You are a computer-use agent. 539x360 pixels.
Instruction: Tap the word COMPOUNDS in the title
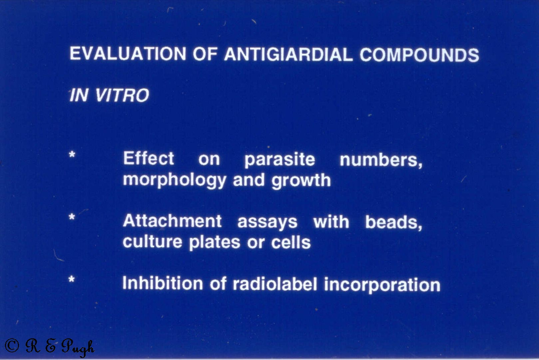[x=419, y=55]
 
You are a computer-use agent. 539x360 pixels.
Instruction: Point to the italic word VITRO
[x=122, y=95]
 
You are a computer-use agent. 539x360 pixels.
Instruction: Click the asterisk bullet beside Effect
[x=72, y=154]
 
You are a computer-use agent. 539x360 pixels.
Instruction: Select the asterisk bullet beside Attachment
[x=72, y=217]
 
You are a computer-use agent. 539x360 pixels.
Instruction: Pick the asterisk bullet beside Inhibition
[x=72, y=279]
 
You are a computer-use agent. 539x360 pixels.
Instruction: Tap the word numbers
[x=381, y=160]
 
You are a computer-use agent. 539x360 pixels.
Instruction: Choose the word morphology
[x=174, y=180]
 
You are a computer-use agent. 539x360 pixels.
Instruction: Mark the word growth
[x=301, y=181]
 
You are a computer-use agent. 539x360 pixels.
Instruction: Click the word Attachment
[x=172, y=221]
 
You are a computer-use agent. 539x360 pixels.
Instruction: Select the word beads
[x=394, y=222]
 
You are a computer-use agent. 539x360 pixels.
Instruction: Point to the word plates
[x=215, y=243]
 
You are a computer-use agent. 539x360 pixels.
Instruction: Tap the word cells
[x=291, y=243]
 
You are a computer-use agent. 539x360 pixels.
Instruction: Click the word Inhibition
[x=163, y=283]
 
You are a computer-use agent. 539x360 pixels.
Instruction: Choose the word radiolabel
[x=275, y=284]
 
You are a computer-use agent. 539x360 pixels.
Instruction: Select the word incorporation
[x=382, y=285]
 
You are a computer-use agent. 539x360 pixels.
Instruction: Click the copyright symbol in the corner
[x=12, y=346]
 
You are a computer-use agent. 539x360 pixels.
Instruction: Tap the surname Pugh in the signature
[x=78, y=347]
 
